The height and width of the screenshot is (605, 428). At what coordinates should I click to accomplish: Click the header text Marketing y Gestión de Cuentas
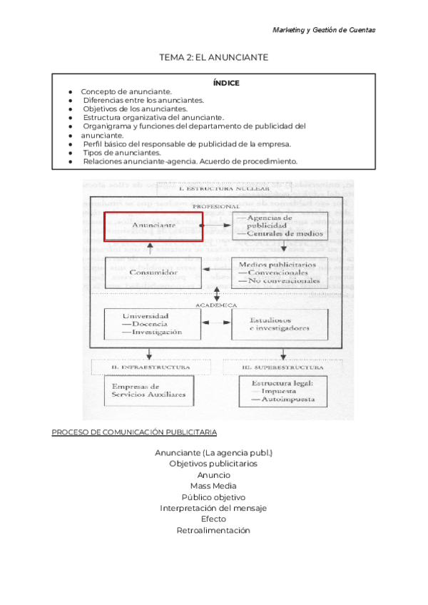[x=324, y=30]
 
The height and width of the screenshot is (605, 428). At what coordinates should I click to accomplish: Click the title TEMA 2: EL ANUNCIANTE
[x=214, y=58]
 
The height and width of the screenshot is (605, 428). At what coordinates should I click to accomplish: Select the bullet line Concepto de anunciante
[x=126, y=92]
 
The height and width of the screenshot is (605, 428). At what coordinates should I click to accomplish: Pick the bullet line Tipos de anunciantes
[x=122, y=153]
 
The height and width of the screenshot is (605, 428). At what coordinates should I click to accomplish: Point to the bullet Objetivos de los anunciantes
[x=136, y=109]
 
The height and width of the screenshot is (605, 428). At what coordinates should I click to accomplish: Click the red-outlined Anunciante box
[x=153, y=225]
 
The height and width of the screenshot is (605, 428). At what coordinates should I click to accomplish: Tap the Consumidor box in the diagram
[x=149, y=273]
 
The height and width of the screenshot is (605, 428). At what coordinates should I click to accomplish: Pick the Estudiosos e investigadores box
[x=280, y=323]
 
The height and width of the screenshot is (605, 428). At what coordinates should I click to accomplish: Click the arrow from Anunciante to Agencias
[x=218, y=225]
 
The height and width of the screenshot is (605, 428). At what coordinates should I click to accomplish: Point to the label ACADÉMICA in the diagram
[x=215, y=305]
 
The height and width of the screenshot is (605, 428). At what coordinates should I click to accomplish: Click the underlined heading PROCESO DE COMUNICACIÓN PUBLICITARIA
[x=134, y=432]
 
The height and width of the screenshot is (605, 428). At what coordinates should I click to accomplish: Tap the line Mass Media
[x=213, y=486]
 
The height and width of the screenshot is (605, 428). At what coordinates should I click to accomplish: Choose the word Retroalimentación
[x=213, y=530]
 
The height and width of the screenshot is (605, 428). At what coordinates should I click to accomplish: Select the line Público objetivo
[x=213, y=497]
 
